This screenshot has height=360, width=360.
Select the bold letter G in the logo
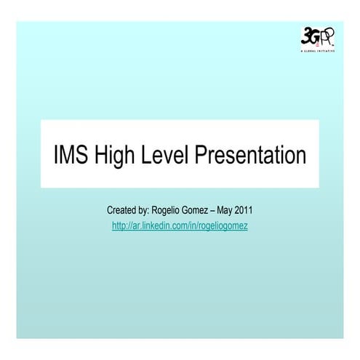313,36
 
